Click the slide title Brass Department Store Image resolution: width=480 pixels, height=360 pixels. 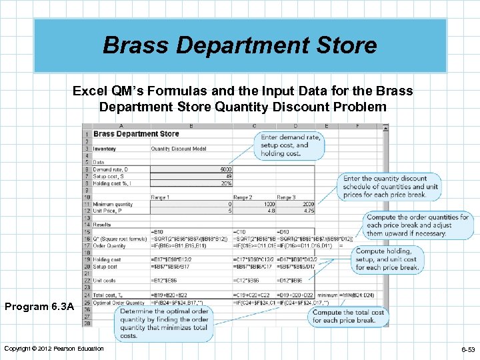[x=239, y=45]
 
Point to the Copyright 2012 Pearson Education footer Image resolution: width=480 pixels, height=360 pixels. [x=54, y=349]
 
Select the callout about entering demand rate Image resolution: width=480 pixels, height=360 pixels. [x=290, y=145]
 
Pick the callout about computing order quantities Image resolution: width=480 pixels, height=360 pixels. [x=418, y=225]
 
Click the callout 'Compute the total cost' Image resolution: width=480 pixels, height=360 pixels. [x=349, y=315]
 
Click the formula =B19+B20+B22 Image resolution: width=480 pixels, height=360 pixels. [x=170, y=295]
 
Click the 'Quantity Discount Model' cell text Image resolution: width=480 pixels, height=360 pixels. [x=179, y=149]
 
